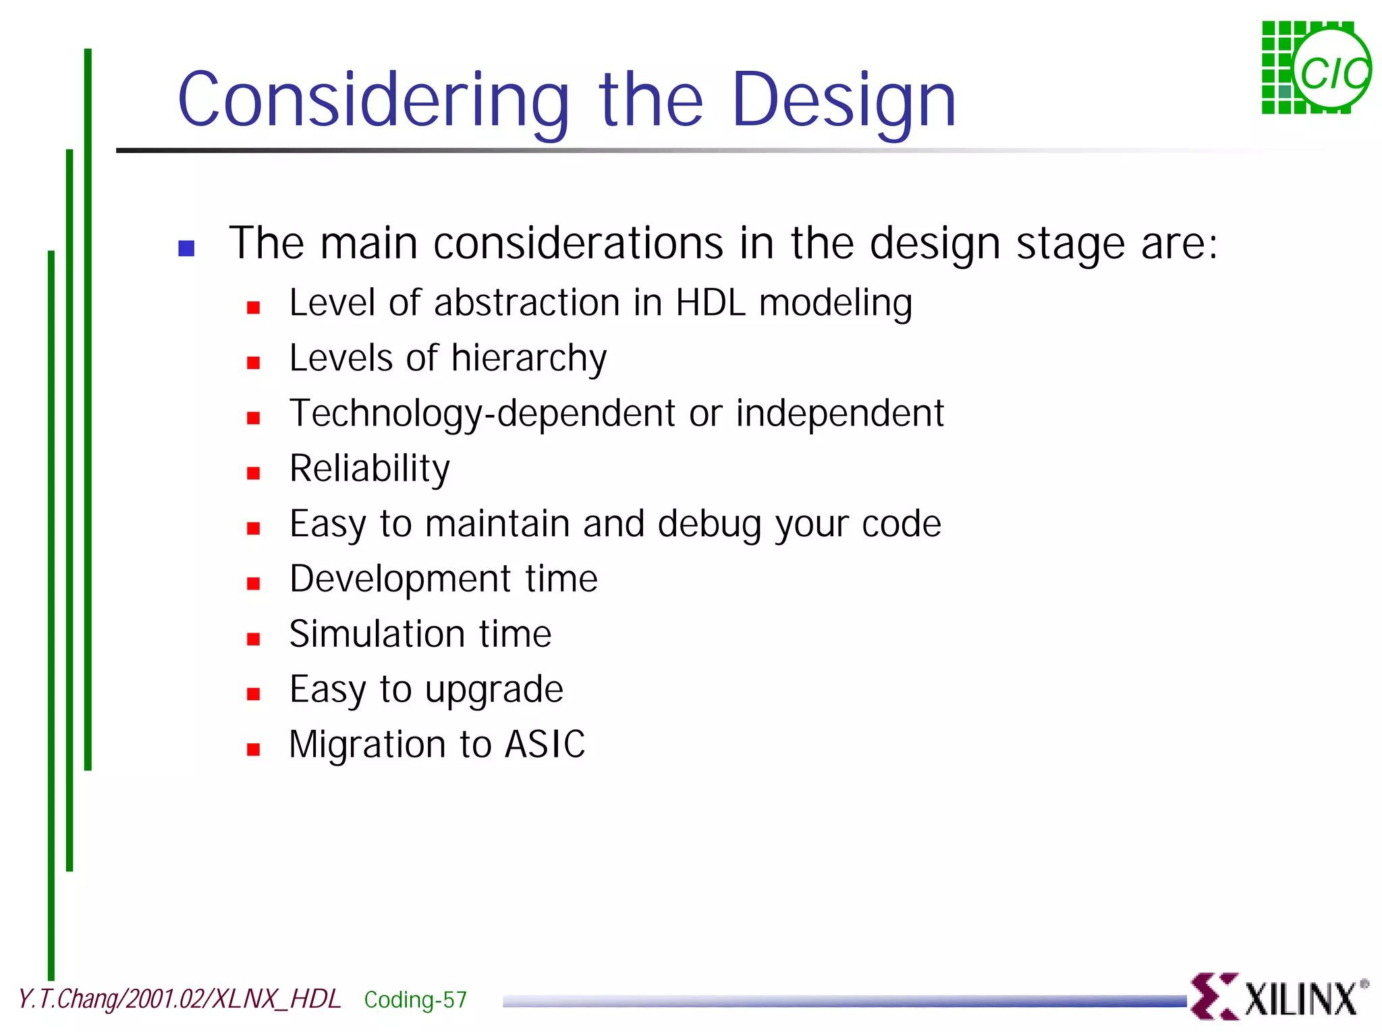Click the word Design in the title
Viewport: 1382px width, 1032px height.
pyautogui.click(x=844, y=101)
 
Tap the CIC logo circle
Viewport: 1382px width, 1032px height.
pyautogui.click(x=1331, y=71)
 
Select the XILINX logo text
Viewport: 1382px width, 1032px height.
pyautogui.click(x=1299, y=999)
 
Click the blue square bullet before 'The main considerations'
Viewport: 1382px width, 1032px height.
pyautogui.click(x=186, y=248)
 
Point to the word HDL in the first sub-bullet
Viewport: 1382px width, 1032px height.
pyautogui.click(x=711, y=303)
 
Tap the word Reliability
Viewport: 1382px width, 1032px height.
pyautogui.click(x=369, y=469)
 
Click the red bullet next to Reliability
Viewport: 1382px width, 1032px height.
pyautogui.click(x=254, y=474)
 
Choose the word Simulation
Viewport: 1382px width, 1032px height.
pyautogui.click(x=377, y=635)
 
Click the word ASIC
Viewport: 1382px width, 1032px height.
pyautogui.click(x=545, y=745)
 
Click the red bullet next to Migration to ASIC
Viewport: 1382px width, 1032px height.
pyautogui.click(x=254, y=749)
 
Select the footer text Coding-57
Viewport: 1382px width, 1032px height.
pyautogui.click(x=415, y=1000)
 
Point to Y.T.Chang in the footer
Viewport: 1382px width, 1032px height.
pyautogui.click(x=68, y=999)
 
